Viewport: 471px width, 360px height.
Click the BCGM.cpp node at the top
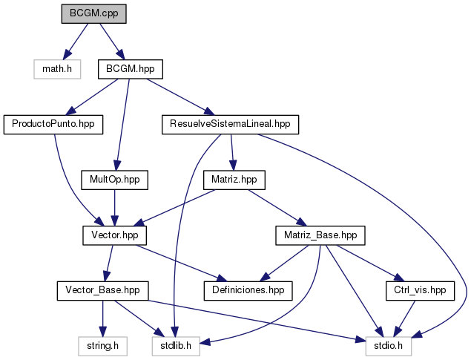[x=94, y=13]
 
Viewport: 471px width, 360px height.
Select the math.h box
[x=53, y=70]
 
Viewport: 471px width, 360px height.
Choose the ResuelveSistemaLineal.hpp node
[x=230, y=124]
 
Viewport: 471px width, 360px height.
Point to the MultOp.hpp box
[x=114, y=180]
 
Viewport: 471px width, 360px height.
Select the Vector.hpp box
[x=114, y=235]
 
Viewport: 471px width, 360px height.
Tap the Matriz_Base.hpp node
[x=320, y=235]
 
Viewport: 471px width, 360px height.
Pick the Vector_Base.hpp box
[x=103, y=290]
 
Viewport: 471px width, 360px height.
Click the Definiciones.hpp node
[x=249, y=290]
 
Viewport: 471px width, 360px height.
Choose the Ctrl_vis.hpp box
[x=420, y=290]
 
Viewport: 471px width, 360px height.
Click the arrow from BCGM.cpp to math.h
[x=76, y=40]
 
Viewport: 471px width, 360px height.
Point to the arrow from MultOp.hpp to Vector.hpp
[x=114, y=207]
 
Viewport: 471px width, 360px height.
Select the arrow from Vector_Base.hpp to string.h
[x=103, y=318]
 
